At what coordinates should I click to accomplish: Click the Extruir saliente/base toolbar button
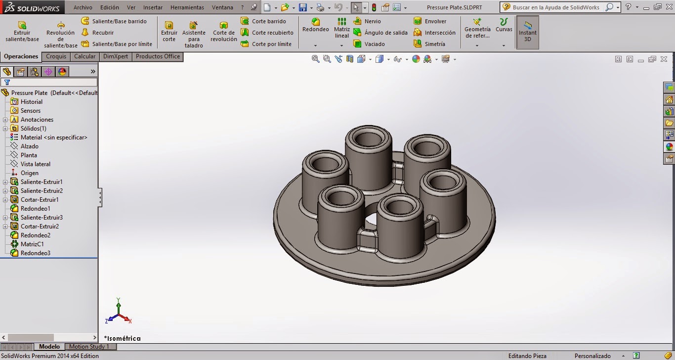pos(22,31)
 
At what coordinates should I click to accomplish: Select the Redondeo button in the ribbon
pos(315,26)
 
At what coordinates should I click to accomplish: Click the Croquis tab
pos(56,56)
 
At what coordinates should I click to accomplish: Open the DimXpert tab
pos(115,56)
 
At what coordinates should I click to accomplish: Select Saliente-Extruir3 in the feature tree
pos(42,218)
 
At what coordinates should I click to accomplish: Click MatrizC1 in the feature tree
pos(32,244)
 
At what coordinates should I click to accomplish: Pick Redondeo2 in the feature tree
pos(35,235)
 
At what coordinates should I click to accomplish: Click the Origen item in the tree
pos(29,173)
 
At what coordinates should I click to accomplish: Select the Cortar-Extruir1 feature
pos(40,200)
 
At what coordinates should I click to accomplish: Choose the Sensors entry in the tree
pos(30,111)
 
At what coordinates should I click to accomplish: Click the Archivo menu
pos(83,7)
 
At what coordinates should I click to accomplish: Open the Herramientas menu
pos(187,7)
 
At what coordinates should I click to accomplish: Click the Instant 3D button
pos(527,32)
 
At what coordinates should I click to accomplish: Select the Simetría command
pos(434,44)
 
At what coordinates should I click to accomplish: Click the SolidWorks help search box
pos(555,7)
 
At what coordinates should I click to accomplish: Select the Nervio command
pos(372,21)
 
